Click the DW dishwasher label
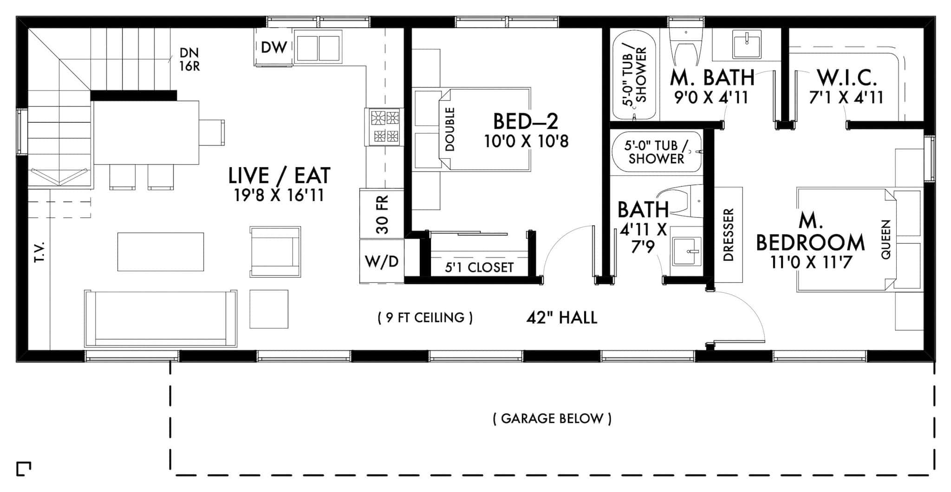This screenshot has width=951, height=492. [x=274, y=47]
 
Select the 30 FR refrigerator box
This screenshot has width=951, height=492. [x=382, y=214]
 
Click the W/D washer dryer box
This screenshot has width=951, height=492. [x=382, y=261]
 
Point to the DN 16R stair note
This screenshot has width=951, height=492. [x=190, y=59]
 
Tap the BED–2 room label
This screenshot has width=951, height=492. [x=525, y=121]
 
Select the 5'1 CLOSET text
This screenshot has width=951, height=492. [x=479, y=267]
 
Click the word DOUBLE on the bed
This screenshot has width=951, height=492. [x=449, y=129]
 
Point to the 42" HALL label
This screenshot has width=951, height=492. [x=562, y=317]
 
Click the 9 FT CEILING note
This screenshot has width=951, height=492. [x=425, y=317]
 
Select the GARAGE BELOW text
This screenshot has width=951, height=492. [x=552, y=419]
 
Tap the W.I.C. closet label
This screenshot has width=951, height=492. [x=847, y=78]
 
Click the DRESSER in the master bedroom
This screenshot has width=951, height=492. [x=728, y=235]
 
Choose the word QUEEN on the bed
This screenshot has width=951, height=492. [x=886, y=240]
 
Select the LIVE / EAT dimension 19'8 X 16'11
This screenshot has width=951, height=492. [x=279, y=195]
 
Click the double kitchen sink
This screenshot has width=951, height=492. [x=318, y=47]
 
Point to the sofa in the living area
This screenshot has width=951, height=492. [x=161, y=318]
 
